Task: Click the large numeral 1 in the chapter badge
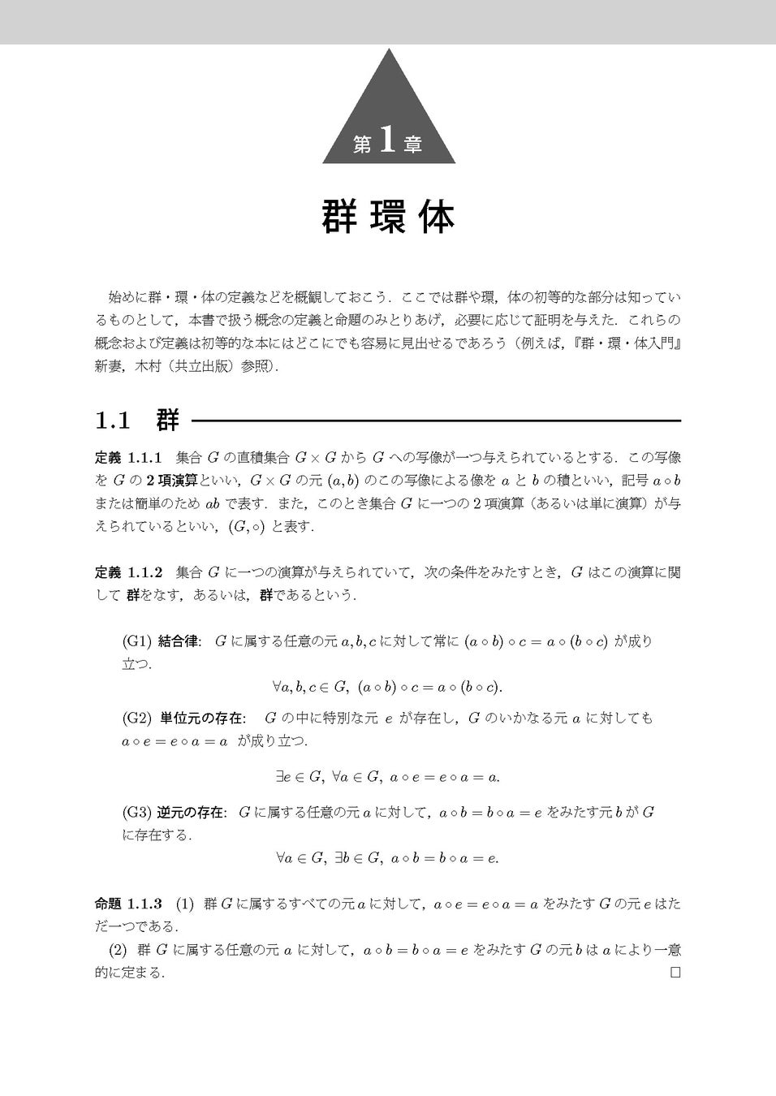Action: pos(387,141)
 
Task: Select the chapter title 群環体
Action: pos(388,217)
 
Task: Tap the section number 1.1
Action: pos(113,421)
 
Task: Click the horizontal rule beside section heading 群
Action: pos(435,421)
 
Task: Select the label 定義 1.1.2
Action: pos(130,572)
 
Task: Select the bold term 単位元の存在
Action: pos(202,718)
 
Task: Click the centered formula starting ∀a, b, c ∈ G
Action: pos(388,688)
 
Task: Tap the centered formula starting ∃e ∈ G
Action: pos(388,777)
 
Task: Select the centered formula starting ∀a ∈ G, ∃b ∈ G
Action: pos(388,857)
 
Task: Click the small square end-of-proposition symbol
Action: pos(675,973)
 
